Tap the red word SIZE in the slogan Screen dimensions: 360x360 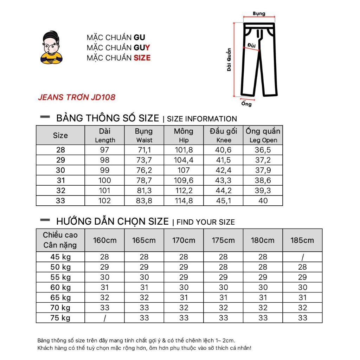point(142,58)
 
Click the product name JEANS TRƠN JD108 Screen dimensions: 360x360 point(77,97)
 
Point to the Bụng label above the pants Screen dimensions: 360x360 point(259,14)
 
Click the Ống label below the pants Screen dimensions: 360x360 point(246,104)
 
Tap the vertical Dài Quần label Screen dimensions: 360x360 point(229,60)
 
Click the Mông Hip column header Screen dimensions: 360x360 point(184,135)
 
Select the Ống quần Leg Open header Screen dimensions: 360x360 point(263,135)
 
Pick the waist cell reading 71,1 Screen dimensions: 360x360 point(144,150)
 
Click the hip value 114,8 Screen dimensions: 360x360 point(184,201)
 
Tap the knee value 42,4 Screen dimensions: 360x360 point(223,171)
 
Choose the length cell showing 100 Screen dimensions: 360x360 point(105,181)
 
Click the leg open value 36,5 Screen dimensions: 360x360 point(263,150)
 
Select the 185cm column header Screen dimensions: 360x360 point(302,240)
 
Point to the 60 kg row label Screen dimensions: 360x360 point(60,288)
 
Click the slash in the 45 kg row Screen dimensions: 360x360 point(302,257)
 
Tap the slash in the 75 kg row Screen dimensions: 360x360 point(105,318)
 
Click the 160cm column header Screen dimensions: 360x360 point(105,240)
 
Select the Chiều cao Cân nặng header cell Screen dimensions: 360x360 point(60,240)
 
